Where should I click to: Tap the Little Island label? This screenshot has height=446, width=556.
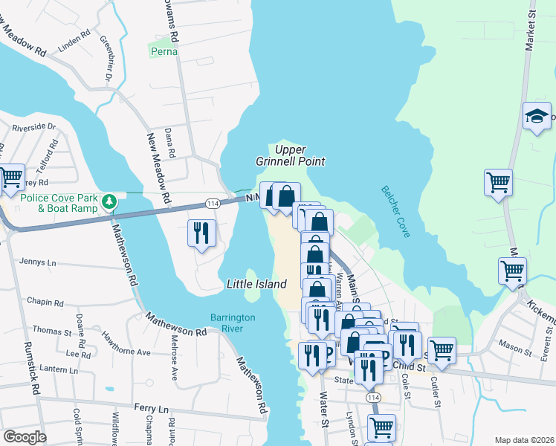256,285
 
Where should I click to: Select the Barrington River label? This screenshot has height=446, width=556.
233,323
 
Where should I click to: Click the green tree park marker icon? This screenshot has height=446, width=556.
109,201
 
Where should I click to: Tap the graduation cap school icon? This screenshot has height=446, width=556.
537,117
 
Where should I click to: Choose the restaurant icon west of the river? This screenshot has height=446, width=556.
201,233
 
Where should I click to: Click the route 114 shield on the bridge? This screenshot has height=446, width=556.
213,203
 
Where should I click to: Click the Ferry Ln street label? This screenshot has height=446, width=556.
152,408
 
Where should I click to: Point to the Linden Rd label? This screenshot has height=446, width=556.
74,35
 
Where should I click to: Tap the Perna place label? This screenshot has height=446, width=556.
164,52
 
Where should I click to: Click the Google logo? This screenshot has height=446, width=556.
24,437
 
